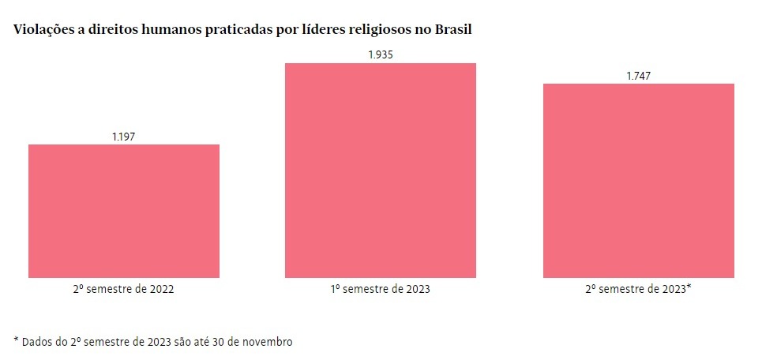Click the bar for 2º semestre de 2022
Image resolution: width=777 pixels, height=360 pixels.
(x=124, y=211)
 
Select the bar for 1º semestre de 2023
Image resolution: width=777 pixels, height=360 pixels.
(x=381, y=171)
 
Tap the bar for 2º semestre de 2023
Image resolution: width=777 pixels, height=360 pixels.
(x=638, y=181)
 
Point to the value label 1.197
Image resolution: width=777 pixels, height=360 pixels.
(x=124, y=137)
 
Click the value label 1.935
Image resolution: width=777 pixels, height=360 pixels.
(x=381, y=55)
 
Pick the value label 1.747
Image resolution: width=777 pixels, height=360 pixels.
(x=639, y=76)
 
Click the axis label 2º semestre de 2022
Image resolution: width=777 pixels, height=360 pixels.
(x=124, y=289)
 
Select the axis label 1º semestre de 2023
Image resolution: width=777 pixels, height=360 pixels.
(x=381, y=289)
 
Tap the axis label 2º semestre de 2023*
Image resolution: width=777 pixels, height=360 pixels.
(x=639, y=289)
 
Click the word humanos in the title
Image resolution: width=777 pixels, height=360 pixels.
(x=173, y=30)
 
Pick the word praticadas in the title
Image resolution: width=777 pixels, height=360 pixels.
(x=239, y=30)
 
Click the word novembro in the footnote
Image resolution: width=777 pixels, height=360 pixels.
(x=267, y=342)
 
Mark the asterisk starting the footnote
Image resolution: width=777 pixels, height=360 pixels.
(x=16, y=339)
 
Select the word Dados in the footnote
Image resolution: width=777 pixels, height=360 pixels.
(x=37, y=342)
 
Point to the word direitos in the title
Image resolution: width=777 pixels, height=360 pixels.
(x=114, y=30)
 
